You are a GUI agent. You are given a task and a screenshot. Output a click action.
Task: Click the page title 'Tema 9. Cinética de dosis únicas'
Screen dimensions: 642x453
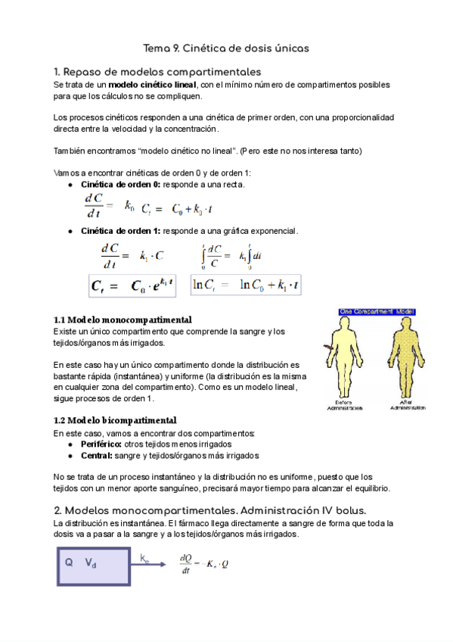tap(226, 48)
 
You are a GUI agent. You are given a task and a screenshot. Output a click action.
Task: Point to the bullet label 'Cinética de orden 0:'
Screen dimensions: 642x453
tap(119, 184)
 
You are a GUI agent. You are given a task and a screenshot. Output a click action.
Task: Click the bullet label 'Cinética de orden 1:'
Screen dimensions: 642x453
tap(119, 230)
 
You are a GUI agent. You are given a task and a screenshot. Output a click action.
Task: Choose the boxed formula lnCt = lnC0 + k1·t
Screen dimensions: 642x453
tap(245, 285)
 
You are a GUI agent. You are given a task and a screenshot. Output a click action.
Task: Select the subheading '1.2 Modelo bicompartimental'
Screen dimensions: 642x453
tap(115, 419)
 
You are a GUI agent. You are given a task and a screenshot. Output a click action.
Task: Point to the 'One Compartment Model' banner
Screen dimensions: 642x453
tap(358, 310)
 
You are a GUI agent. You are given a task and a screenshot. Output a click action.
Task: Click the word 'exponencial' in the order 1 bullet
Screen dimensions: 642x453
tap(275, 230)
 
